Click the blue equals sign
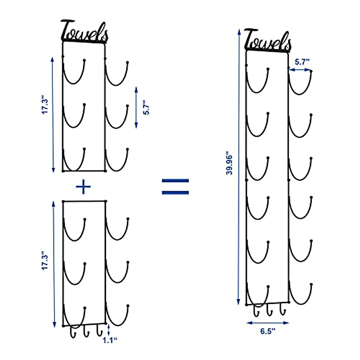click(175, 187)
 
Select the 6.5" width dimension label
click(268, 331)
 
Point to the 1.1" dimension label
click(110, 340)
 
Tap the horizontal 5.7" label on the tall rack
click(302, 62)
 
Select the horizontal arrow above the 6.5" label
click(268, 323)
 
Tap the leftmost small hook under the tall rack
click(256, 310)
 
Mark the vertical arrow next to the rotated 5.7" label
click(136, 107)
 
